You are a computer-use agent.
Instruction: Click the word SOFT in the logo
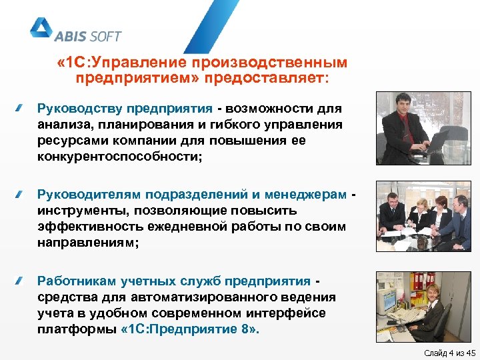104,36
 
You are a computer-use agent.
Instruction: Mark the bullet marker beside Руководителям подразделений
21,194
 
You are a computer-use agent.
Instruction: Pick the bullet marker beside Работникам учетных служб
21,280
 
